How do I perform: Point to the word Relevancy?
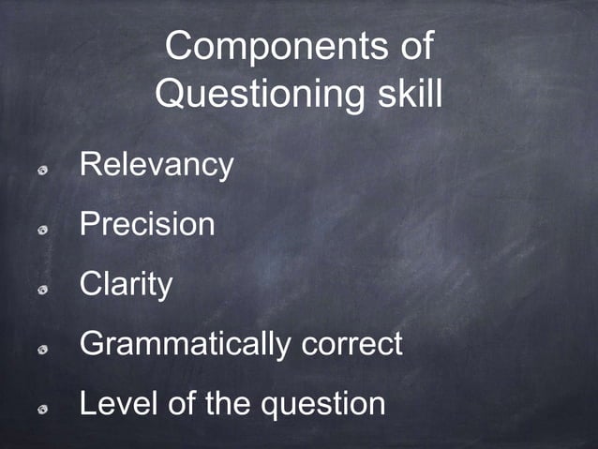[157, 166]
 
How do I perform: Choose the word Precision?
[147, 224]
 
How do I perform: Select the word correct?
[352, 344]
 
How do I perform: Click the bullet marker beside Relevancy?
[42, 170]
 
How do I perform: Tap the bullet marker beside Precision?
[42, 229]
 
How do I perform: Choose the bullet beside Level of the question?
[42, 409]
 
